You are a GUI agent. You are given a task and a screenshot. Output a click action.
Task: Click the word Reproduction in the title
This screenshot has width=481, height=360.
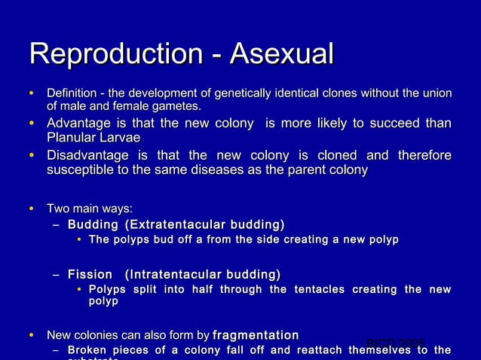coord(114,54)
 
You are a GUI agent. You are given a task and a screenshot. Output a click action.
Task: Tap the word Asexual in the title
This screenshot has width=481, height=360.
coord(281,54)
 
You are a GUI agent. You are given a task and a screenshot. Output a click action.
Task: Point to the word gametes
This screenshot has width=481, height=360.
coord(176,106)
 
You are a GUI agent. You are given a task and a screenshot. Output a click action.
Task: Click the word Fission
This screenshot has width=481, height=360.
coord(90,274)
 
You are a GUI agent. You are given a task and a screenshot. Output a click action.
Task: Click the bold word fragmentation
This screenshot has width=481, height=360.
coord(256,334)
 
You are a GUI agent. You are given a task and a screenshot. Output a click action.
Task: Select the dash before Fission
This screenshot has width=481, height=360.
coord(57,275)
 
